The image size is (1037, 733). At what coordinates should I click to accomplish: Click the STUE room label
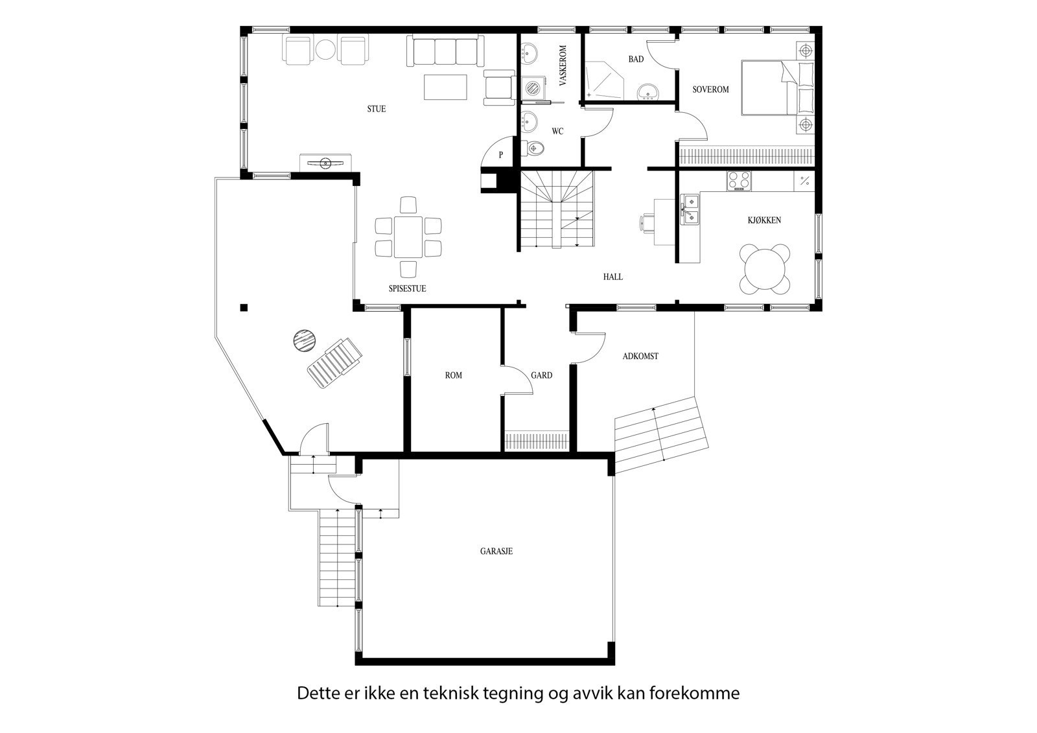pos(376,109)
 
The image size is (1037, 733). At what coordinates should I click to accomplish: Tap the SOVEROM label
pos(710,89)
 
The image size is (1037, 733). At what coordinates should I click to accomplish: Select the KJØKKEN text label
pos(764,220)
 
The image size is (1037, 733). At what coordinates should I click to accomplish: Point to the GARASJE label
pos(496,552)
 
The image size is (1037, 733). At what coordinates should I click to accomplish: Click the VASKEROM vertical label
pos(563,65)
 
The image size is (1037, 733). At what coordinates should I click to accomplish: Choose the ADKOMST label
pos(640,356)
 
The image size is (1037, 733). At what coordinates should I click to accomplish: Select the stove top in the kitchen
pos(739,181)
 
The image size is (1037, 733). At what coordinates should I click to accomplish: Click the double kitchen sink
pos(690,209)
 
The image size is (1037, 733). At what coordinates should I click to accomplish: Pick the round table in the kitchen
pos(765,268)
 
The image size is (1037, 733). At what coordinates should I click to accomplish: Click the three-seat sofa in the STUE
pos(445,51)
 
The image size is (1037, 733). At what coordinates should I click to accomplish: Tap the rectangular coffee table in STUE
pos(445,87)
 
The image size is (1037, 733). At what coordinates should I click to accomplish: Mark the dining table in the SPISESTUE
pos(408,237)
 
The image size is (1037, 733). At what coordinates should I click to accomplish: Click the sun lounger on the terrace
pos(334,363)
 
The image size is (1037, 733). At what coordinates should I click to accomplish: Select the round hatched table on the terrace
pos(303,340)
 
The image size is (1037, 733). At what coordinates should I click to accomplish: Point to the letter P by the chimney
pos(500,156)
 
